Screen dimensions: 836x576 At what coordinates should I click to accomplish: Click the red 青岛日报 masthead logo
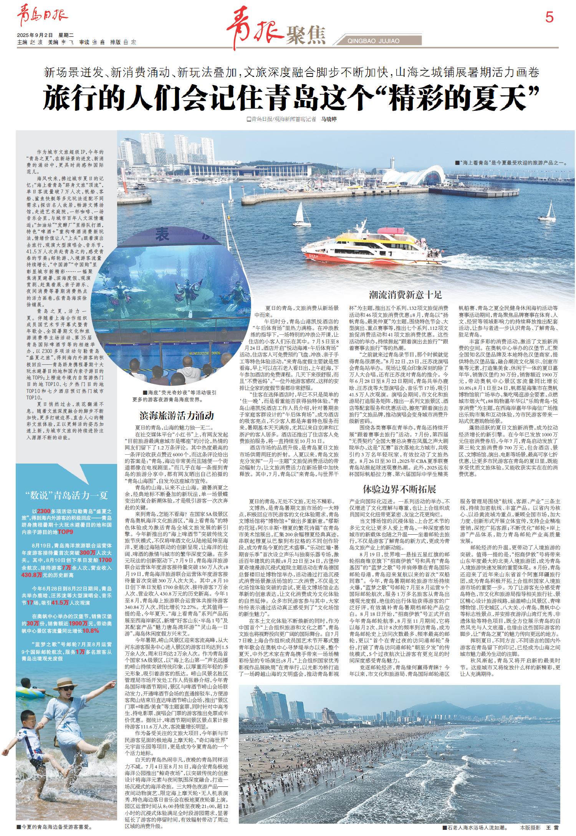click(42, 18)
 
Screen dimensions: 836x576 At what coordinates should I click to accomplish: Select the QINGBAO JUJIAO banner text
click(373, 41)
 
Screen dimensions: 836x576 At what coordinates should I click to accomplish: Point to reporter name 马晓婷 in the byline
click(328, 120)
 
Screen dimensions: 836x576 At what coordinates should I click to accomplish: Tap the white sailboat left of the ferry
click(301, 215)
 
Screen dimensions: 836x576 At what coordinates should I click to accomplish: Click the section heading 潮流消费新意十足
click(405, 295)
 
